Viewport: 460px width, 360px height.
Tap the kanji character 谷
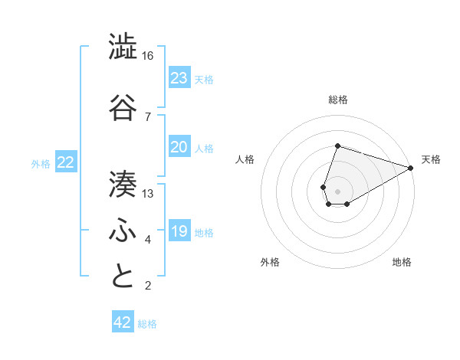tap(123, 107)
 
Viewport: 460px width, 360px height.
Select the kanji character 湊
tap(123, 182)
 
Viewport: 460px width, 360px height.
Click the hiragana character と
tap(123, 277)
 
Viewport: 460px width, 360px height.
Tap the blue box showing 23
tap(179, 78)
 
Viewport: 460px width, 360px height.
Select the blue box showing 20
tap(179, 147)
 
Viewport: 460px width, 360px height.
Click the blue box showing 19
tap(179, 231)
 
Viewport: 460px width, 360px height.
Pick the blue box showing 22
tap(66, 162)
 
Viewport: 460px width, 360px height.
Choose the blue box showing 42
tap(123, 322)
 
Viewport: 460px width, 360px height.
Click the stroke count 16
tap(148, 56)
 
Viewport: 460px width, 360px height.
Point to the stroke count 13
tap(148, 194)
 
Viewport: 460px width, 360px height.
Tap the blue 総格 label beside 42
tap(147, 324)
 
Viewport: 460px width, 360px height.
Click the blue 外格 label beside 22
tap(41, 164)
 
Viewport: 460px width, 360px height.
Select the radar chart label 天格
tap(432, 159)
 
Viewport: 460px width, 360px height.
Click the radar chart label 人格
tap(245, 159)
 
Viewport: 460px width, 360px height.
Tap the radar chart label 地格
tap(402, 262)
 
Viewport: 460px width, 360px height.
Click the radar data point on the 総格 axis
tap(337, 146)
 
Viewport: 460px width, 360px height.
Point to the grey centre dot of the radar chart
tap(337, 190)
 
